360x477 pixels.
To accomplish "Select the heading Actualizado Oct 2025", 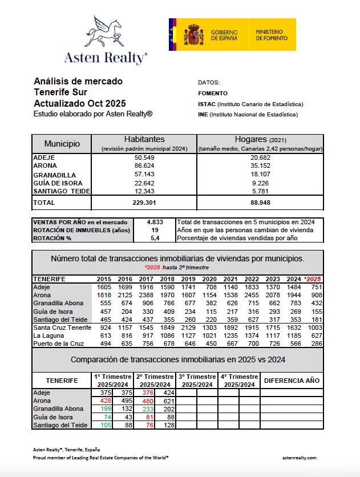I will click(x=80, y=103).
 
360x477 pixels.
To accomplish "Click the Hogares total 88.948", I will click(x=260, y=203).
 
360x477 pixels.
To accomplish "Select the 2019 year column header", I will click(x=188, y=278).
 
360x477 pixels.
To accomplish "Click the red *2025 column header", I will click(x=314, y=278).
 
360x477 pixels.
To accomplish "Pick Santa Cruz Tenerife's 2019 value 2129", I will click(x=188, y=329).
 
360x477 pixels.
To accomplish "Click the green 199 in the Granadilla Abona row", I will click(x=103, y=410).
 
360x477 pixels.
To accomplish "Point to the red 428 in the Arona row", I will click(x=103, y=401).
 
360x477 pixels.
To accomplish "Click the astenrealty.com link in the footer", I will click(x=300, y=458).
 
